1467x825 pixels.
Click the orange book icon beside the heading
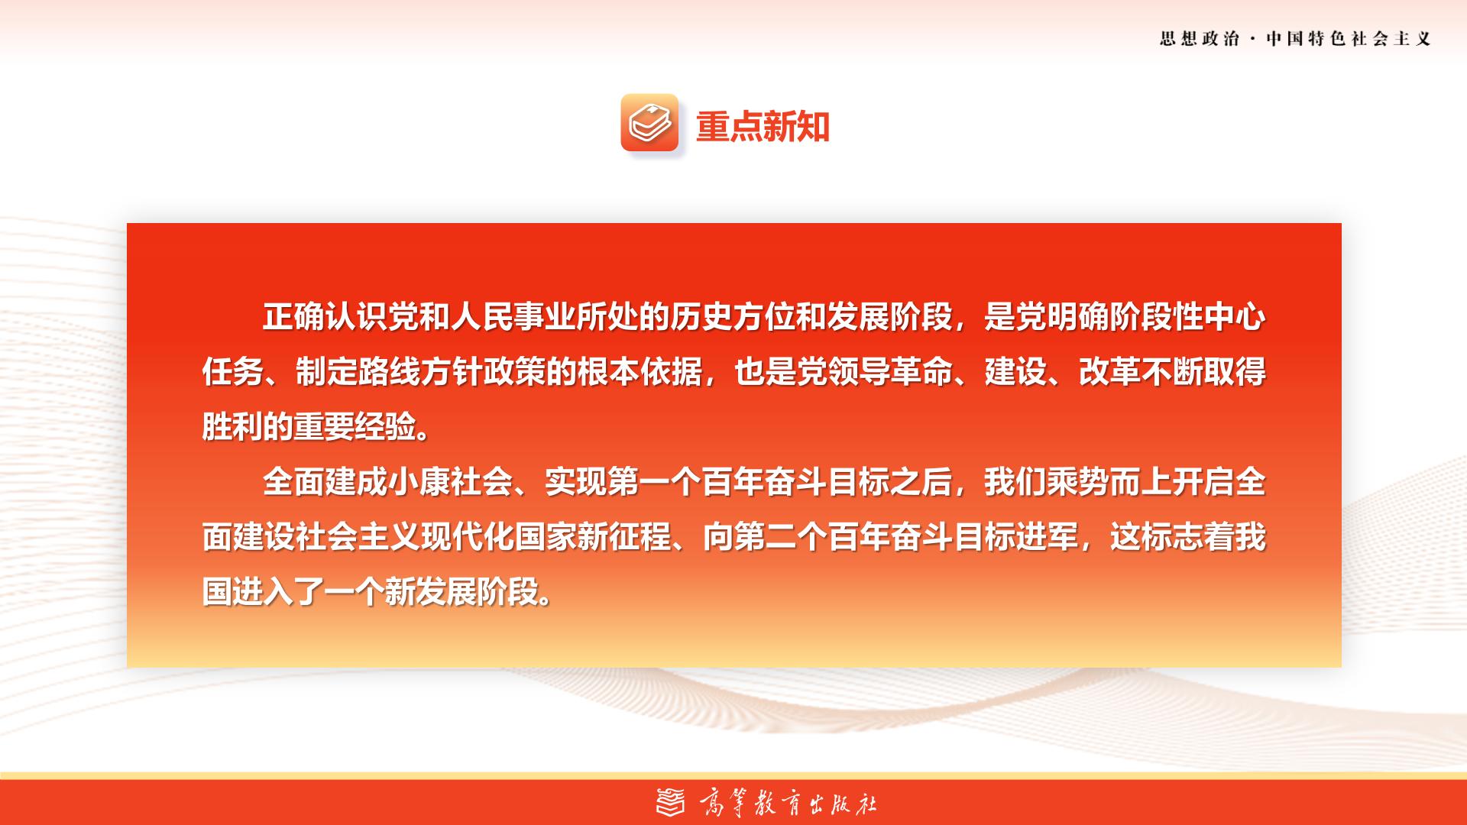(x=649, y=122)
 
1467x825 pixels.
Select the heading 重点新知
(x=763, y=126)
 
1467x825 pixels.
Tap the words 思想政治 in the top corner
(x=1200, y=39)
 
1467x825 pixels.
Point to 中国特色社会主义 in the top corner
(x=1349, y=39)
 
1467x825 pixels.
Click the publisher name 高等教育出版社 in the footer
(x=788, y=804)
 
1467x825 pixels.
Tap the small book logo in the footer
(x=671, y=803)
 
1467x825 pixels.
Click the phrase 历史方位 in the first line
(x=733, y=317)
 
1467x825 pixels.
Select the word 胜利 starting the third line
(x=233, y=427)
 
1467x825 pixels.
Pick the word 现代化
(x=468, y=537)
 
